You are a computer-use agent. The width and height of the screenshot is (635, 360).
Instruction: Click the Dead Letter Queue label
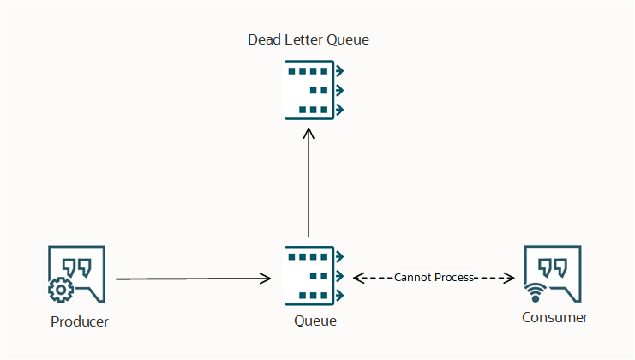309,39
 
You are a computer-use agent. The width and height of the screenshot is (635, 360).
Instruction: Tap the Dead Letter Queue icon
314,90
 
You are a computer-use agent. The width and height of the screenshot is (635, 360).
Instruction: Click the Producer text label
80,321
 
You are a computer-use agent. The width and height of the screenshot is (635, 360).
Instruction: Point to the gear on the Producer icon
60,291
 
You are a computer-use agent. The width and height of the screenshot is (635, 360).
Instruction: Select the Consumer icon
553,275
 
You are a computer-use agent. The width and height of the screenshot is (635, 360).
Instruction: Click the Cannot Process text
434,278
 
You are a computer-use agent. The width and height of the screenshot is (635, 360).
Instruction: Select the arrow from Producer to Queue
193,279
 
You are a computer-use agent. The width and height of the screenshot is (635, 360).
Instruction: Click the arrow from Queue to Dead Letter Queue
309,184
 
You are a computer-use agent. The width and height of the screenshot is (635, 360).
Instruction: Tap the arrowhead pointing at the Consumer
508,278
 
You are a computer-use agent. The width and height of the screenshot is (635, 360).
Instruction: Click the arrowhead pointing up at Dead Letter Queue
309,134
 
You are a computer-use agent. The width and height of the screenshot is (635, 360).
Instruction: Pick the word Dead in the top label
263,39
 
